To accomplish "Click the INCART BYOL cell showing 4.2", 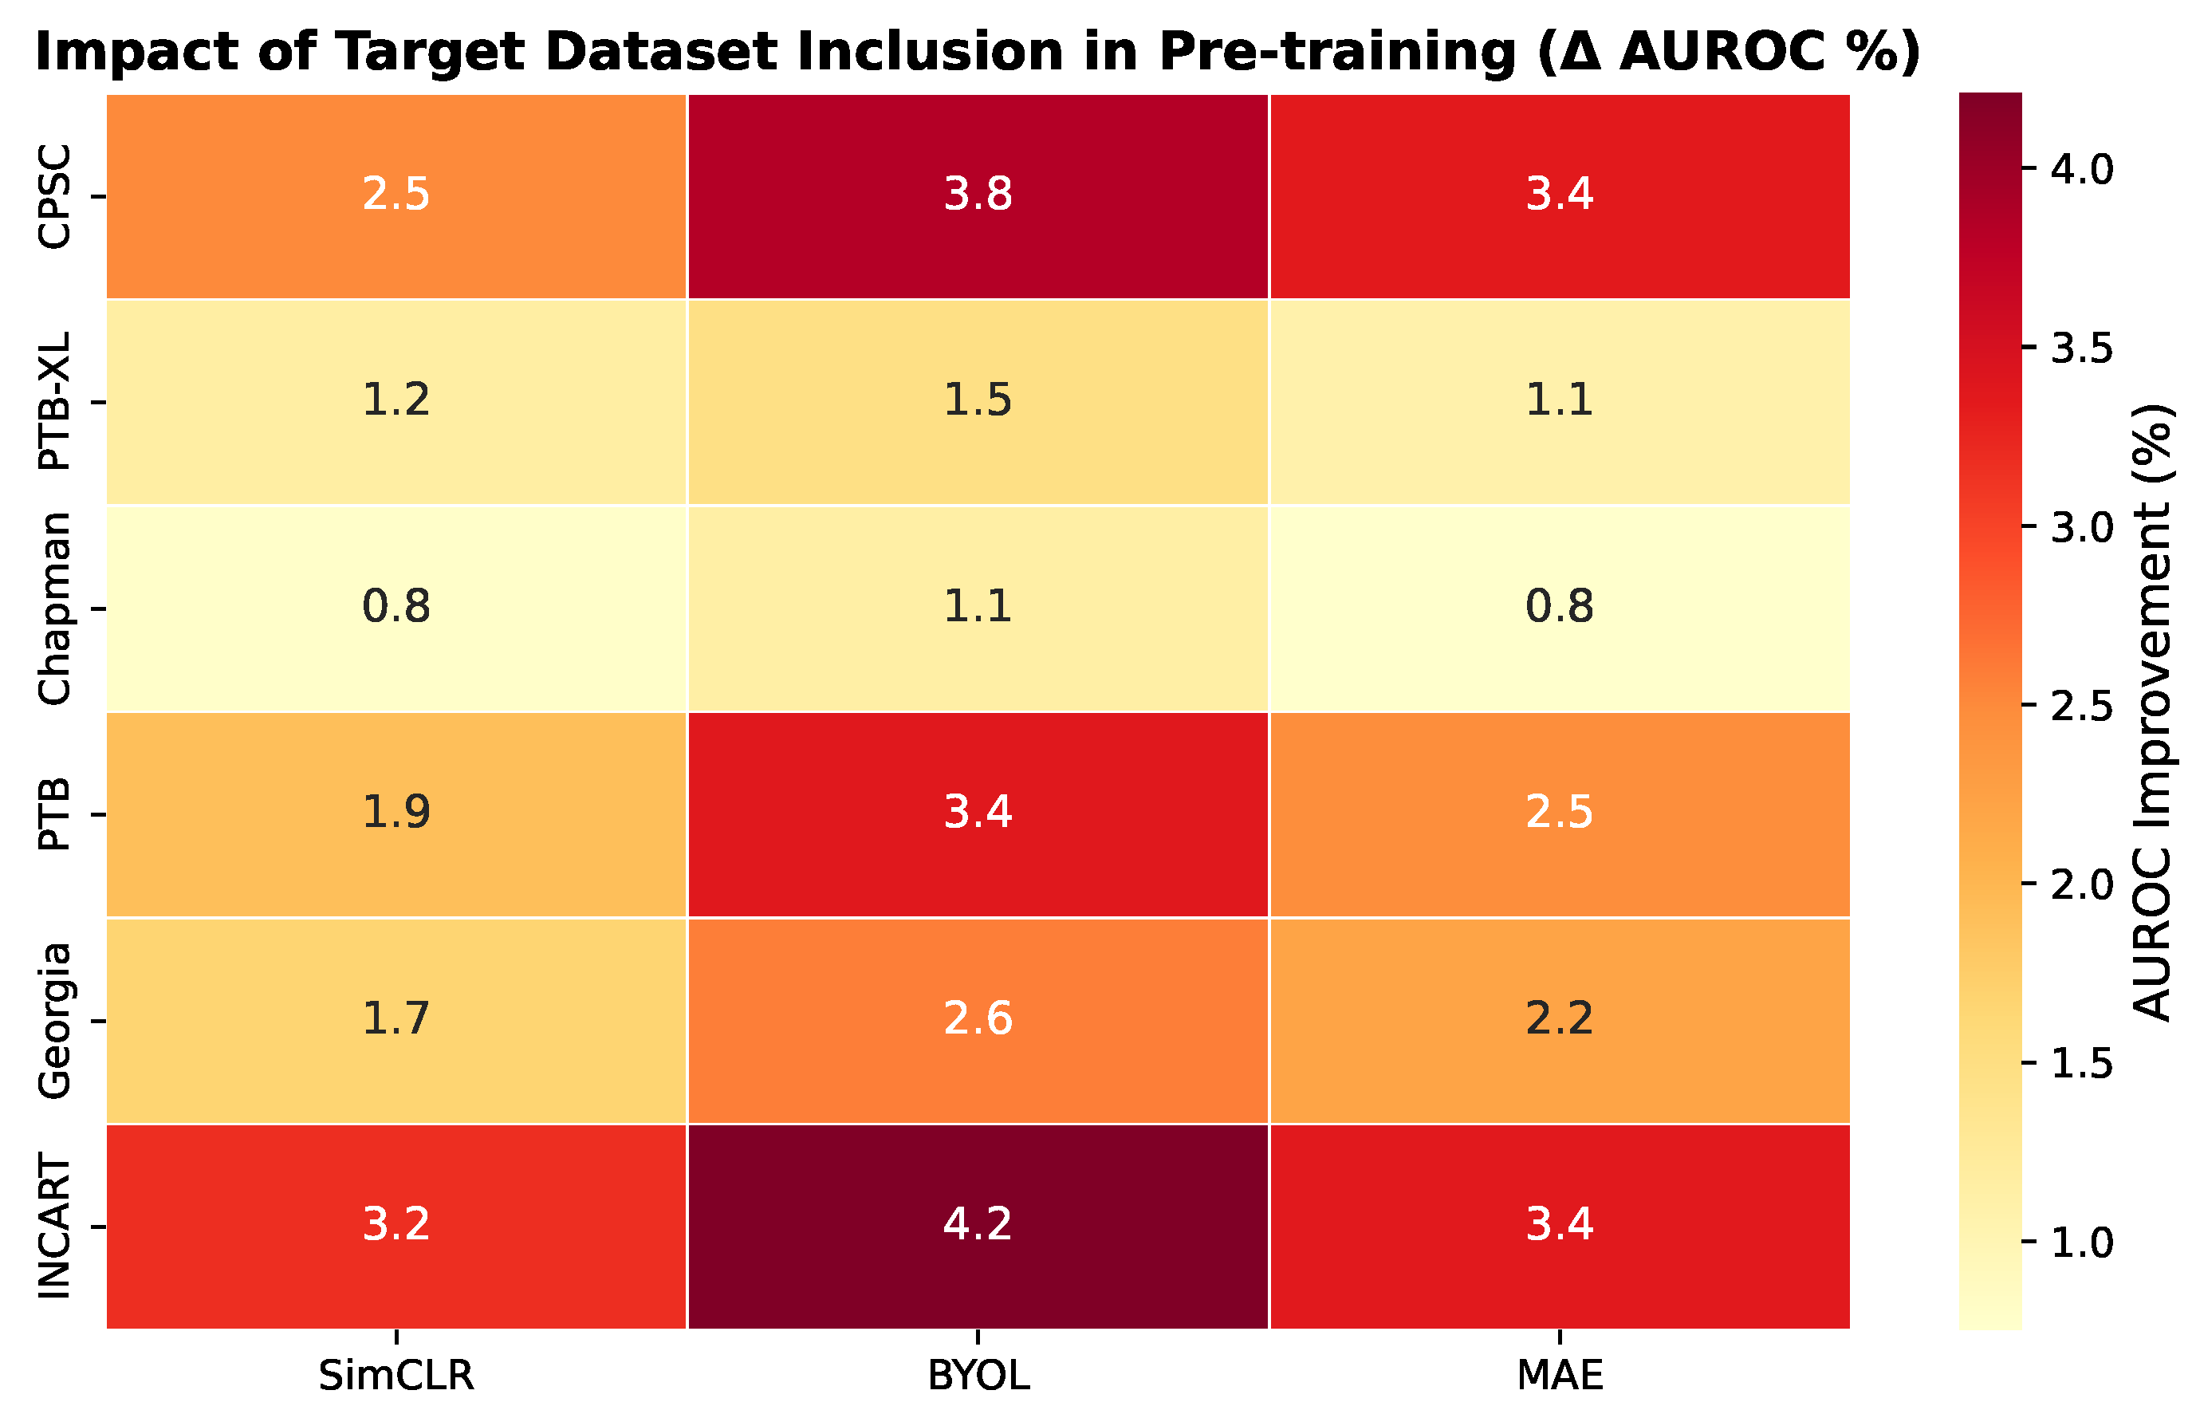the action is [978, 1226].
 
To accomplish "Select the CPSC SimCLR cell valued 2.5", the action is [396, 195].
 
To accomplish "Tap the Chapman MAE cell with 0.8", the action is [1560, 608].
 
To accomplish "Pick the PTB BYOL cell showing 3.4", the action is [978, 814].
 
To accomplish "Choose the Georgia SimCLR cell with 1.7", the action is [396, 1021].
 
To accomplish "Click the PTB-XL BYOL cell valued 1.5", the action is [978, 402].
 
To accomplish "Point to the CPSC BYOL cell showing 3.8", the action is [978, 195].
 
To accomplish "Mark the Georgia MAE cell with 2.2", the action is [1560, 1021].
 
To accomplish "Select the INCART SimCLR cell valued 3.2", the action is [396, 1226].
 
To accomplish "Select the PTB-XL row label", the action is [55, 402].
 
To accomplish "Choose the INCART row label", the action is [55, 1226].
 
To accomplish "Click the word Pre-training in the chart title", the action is [1338, 51].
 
